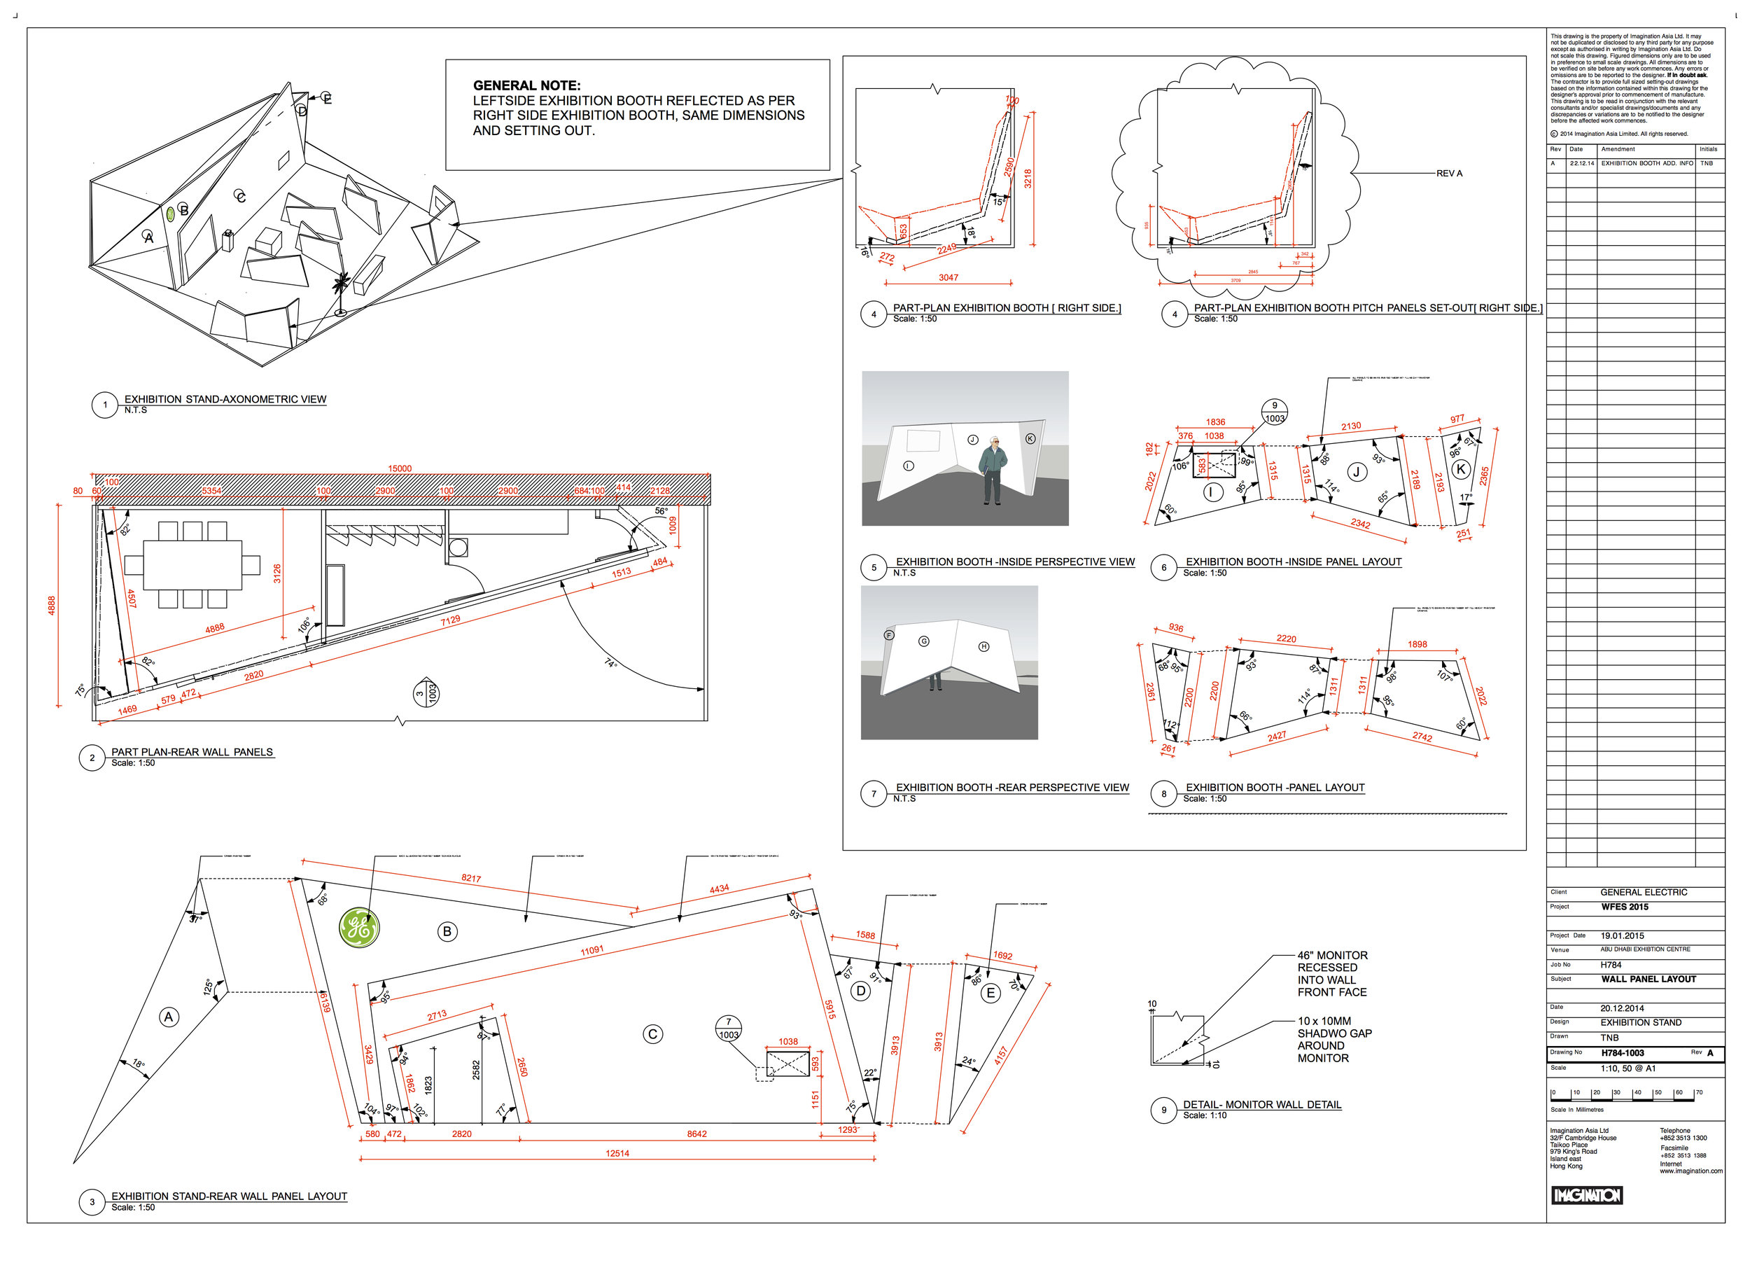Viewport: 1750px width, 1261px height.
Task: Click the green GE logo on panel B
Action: click(x=359, y=928)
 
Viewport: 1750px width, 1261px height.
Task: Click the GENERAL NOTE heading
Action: click(x=527, y=85)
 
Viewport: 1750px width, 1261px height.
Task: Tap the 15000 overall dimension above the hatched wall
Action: click(x=400, y=468)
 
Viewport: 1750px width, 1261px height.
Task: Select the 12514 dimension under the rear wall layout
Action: click(x=617, y=1153)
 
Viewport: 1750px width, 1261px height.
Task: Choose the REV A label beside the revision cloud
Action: click(x=1449, y=174)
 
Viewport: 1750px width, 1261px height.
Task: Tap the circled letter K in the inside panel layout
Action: click(x=1460, y=468)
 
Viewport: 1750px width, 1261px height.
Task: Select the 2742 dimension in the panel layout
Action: click(x=1422, y=737)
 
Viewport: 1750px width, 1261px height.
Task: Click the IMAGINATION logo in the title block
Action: click(x=1586, y=1195)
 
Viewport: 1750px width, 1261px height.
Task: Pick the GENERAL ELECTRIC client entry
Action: click(x=1644, y=892)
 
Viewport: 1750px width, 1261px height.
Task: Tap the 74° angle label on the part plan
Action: click(x=610, y=663)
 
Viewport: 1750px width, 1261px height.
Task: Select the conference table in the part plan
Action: click(x=193, y=565)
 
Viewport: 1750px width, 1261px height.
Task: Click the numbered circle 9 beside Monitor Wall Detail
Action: click(x=1163, y=1110)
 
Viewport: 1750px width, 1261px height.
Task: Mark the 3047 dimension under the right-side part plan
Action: click(x=948, y=277)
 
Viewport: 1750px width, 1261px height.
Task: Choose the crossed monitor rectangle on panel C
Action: click(x=787, y=1064)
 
